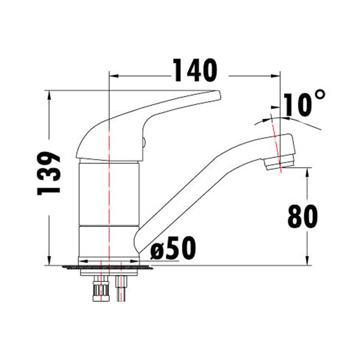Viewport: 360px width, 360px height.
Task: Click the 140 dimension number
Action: click(195, 71)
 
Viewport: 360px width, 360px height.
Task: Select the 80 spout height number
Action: click(302, 216)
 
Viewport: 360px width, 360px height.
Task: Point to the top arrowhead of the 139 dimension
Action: click(49, 94)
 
